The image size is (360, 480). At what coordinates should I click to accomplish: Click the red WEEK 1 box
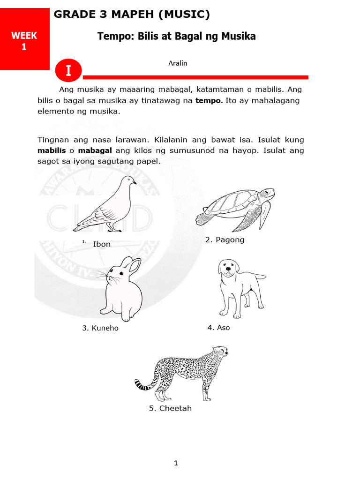click(x=24, y=41)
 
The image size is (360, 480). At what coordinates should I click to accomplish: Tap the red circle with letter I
click(x=68, y=71)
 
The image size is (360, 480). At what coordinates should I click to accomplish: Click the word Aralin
click(x=178, y=63)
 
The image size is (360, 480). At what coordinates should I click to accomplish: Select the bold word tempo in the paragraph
click(x=209, y=101)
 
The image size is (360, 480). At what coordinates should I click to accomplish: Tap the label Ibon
click(x=102, y=244)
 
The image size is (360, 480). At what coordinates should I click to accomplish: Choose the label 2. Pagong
click(x=225, y=240)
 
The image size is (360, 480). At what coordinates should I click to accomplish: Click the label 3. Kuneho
click(x=100, y=328)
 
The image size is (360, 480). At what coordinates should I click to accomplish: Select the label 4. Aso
click(x=218, y=328)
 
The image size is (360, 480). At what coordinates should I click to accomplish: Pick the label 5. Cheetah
click(x=170, y=408)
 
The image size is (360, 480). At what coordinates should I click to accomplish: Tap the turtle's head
click(x=267, y=193)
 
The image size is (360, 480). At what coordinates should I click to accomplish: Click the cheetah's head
click(x=220, y=352)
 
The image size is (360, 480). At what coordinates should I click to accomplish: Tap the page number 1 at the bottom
click(x=176, y=464)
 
